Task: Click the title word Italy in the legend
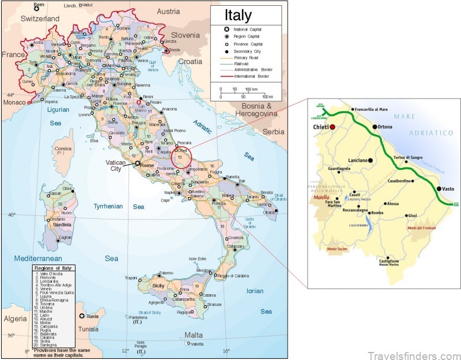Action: point(237,15)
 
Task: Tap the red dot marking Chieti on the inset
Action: point(332,126)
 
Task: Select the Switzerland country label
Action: point(40,19)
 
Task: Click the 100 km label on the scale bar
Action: point(251,89)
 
